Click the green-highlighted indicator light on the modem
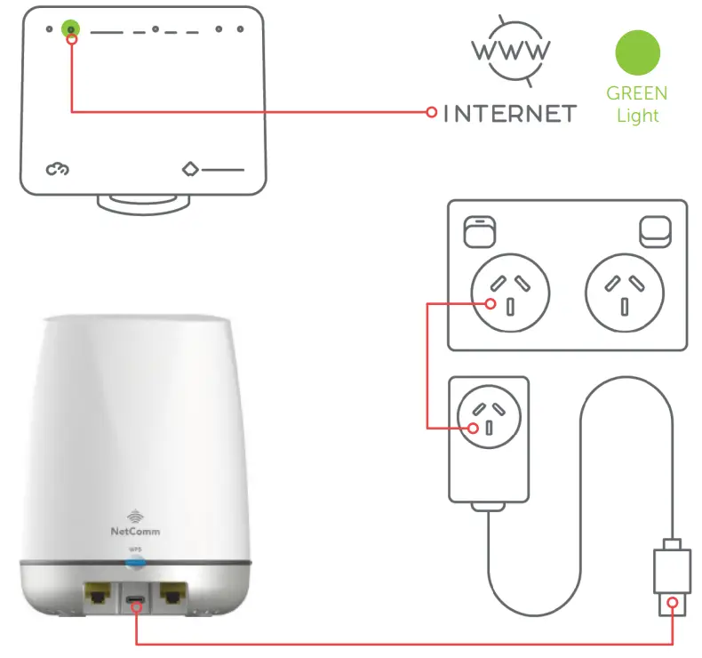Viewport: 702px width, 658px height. [70, 29]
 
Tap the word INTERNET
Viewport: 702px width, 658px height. [510, 113]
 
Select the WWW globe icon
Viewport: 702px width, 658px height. [510, 51]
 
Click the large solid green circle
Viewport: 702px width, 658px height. [637, 53]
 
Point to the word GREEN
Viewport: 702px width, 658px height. [637, 93]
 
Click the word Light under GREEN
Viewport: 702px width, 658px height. [637, 116]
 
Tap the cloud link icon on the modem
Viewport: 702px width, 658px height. [58, 168]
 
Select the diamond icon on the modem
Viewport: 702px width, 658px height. [190, 168]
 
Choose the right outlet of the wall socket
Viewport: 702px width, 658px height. [625, 293]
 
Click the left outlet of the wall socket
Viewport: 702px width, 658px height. [510, 293]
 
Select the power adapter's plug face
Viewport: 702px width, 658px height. [489, 417]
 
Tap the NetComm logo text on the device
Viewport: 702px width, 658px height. [136, 531]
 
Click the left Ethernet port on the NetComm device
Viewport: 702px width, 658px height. [95, 595]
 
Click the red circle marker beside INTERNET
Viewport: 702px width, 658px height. [431, 112]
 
